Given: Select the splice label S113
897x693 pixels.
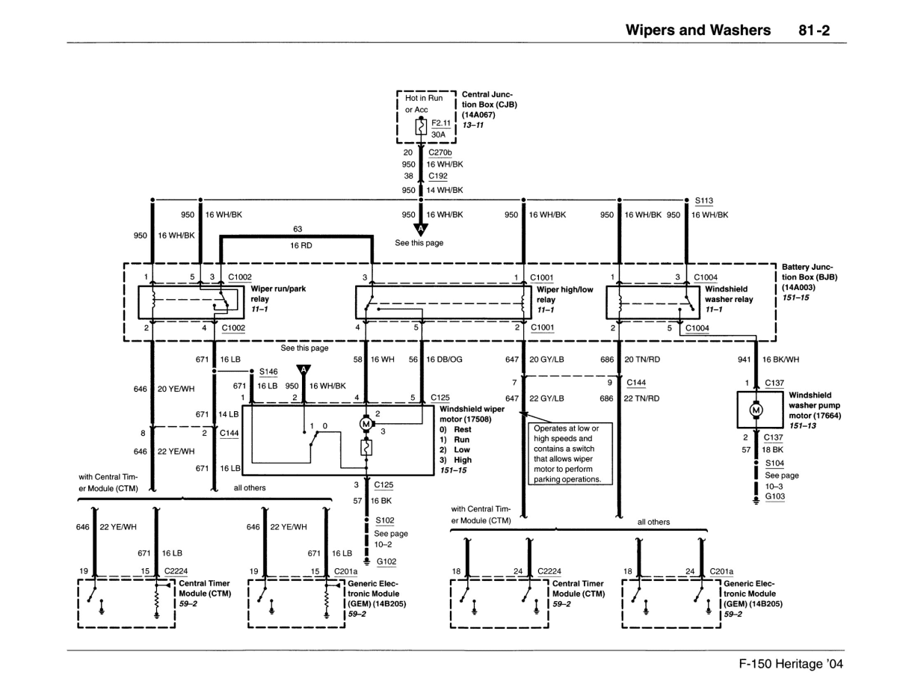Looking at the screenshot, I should click(703, 200).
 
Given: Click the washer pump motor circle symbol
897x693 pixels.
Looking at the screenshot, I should click(756, 410).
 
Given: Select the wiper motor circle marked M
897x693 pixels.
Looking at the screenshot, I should click(366, 424).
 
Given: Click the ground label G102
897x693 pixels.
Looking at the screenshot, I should click(386, 561).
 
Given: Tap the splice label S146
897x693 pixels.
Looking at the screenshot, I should click(267, 371).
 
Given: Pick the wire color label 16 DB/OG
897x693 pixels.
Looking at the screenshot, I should click(445, 360).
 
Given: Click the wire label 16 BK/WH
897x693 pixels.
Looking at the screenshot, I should click(781, 360).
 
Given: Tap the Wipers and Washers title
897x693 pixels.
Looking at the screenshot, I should click(697, 30).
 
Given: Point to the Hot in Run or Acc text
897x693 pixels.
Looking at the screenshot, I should click(423, 104).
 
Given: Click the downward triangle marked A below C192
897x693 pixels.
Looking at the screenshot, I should click(420, 228).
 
